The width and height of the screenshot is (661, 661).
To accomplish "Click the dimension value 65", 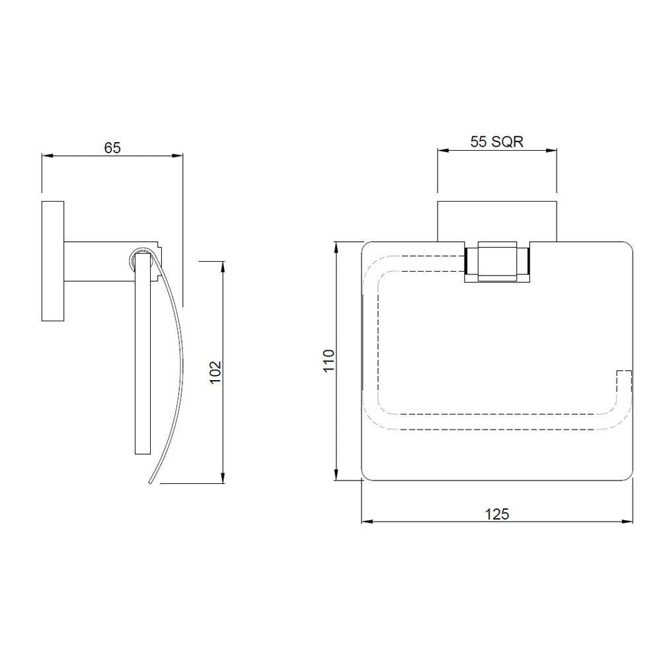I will (112, 148).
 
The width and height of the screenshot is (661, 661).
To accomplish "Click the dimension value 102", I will (215, 373).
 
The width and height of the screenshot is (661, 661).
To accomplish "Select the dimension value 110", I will (329, 362).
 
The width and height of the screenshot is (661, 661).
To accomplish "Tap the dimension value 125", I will (496, 514).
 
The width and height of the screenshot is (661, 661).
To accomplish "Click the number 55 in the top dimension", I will (479, 141).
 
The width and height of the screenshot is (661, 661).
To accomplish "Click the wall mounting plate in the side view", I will (53, 260).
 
